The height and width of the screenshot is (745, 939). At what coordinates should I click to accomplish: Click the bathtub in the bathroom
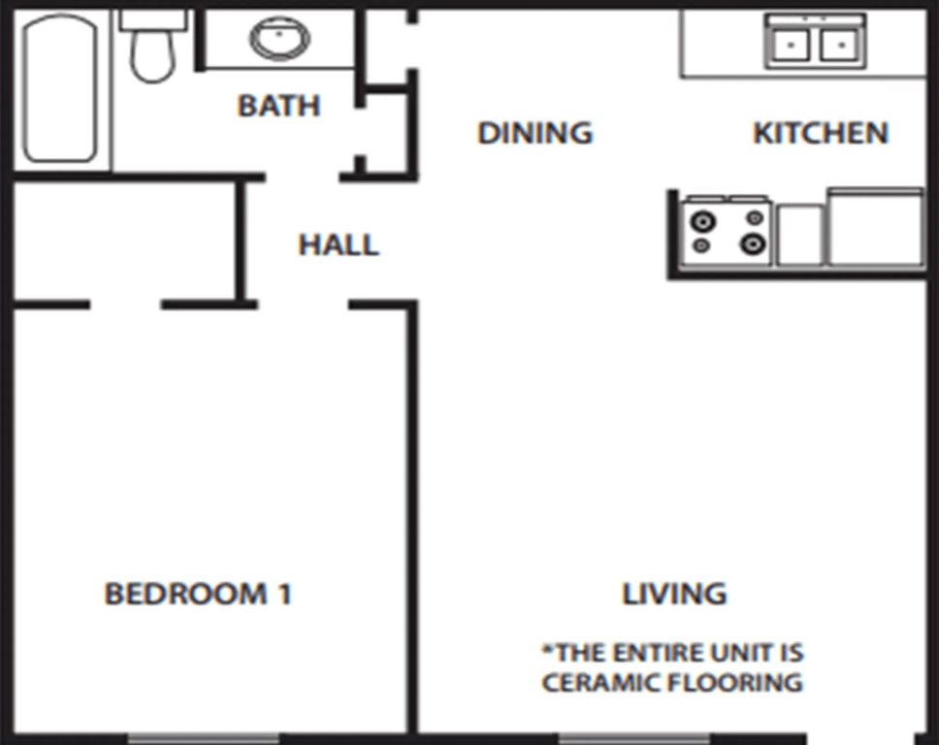60,88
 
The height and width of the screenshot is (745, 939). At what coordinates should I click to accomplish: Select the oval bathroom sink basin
279,39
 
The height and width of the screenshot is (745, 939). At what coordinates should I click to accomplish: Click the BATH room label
278,106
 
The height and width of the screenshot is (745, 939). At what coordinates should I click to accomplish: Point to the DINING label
534,133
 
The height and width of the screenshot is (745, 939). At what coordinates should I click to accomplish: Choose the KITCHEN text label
821,133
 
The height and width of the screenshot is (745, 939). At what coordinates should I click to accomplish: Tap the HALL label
338,245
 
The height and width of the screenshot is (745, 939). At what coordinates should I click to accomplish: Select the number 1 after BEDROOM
282,594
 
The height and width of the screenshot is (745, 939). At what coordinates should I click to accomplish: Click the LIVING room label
674,593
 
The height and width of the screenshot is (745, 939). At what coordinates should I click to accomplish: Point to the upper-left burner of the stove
702,220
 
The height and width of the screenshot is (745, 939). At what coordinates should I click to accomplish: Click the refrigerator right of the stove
875,229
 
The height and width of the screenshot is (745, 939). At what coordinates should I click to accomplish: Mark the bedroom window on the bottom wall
203,738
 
